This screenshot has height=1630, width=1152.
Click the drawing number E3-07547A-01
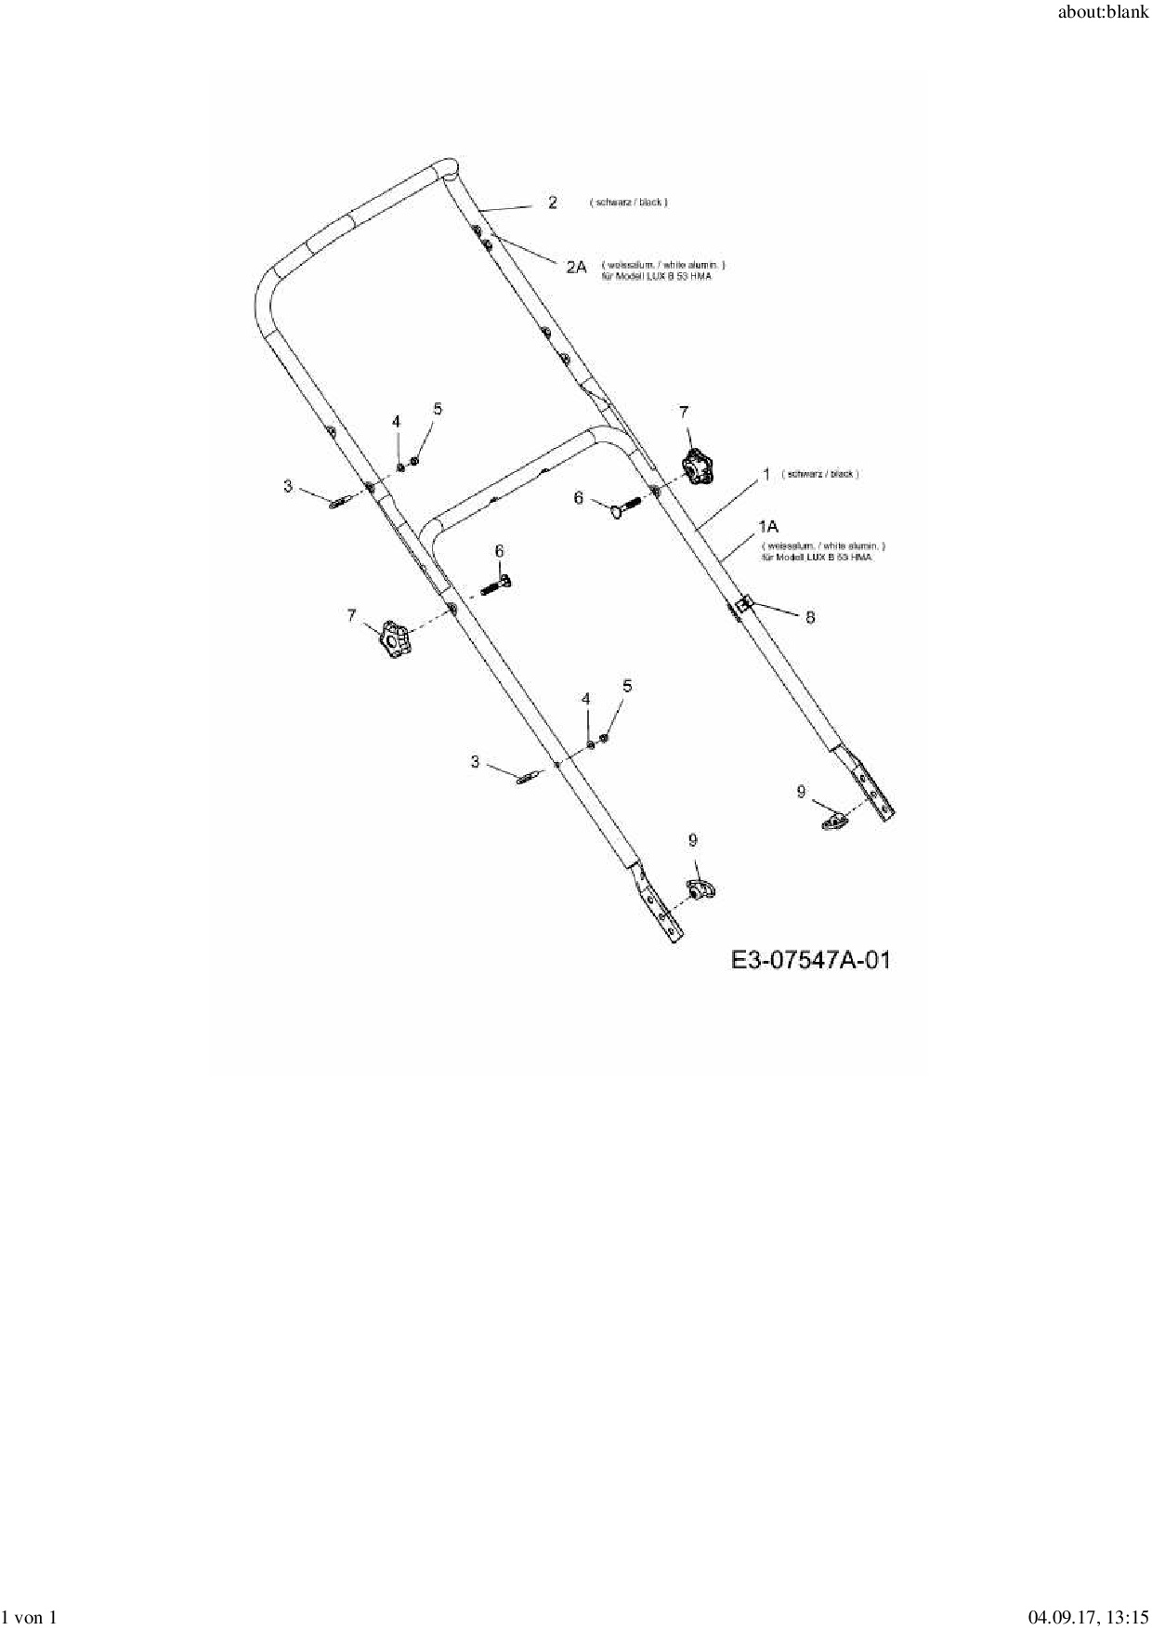810,959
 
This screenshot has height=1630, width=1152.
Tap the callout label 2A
576,267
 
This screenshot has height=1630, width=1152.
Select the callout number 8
810,617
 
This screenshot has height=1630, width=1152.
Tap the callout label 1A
769,528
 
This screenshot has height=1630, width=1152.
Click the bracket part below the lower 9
700,889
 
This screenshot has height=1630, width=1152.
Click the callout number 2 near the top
553,203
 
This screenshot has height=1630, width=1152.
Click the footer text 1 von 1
31,1618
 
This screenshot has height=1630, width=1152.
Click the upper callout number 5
438,409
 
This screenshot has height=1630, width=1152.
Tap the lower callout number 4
585,698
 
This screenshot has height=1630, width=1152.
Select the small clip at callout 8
742,607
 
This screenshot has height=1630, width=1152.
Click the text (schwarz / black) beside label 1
820,474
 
